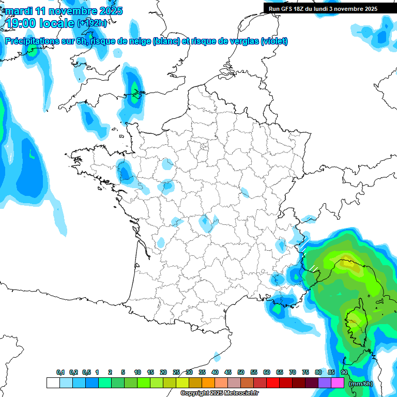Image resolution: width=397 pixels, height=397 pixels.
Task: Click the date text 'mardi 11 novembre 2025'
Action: [64, 11]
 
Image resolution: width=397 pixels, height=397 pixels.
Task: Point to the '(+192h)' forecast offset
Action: [92, 23]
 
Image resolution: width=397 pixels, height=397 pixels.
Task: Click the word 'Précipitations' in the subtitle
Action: [31, 41]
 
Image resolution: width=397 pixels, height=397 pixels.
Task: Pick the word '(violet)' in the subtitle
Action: [274, 41]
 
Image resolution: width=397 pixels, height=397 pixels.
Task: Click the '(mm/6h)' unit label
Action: [361, 384]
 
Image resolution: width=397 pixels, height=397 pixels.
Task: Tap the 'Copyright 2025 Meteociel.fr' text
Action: [219, 393]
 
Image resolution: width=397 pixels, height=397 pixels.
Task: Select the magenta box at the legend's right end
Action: [338, 383]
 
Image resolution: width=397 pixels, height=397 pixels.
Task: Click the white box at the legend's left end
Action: [53, 383]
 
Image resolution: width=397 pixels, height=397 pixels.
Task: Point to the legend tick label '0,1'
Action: [60, 373]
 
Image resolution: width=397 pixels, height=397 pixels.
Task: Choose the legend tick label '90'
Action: [344, 373]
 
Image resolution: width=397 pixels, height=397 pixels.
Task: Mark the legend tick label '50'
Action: [241, 373]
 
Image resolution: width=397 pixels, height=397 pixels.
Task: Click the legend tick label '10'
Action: [138, 373]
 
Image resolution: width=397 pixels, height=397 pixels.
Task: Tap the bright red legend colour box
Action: [273, 383]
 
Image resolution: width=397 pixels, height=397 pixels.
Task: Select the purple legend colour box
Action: [325, 383]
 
